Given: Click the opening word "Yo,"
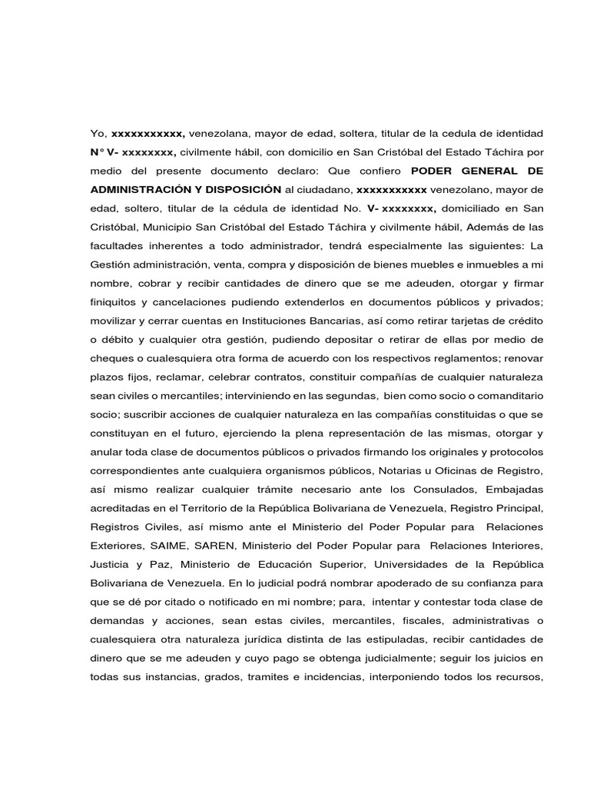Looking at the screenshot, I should pyautogui.click(x=99, y=134).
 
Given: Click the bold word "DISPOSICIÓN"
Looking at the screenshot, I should pyautogui.click(x=237, y=189).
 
